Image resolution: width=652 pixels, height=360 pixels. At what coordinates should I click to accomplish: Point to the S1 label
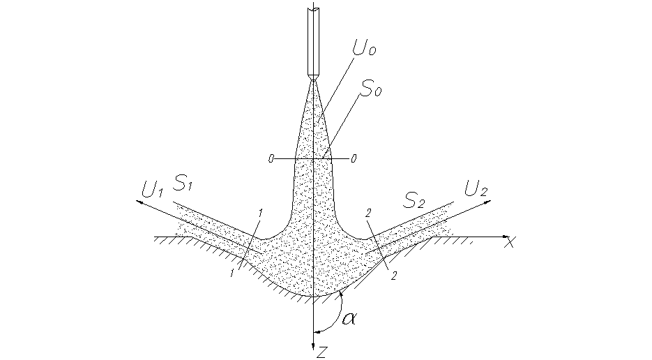(184, 184)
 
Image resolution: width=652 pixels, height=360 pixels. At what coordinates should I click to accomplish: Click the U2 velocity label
(476, 188)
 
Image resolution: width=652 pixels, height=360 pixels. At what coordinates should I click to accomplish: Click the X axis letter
(510, 243)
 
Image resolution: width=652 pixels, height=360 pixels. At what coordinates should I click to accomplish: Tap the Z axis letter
(321, 352)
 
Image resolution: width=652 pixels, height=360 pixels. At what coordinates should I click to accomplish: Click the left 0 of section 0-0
(271, 159)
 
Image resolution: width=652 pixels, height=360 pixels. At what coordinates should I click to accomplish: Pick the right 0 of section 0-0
(354, 159)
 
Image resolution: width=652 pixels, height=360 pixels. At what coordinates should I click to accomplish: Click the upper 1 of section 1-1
(259, 211)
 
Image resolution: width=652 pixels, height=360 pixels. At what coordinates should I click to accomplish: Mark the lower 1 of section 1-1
(232, 273)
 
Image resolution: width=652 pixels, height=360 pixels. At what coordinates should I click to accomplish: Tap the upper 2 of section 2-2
(367, 211)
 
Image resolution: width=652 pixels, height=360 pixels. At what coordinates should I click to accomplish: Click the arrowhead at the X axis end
(508, 237)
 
